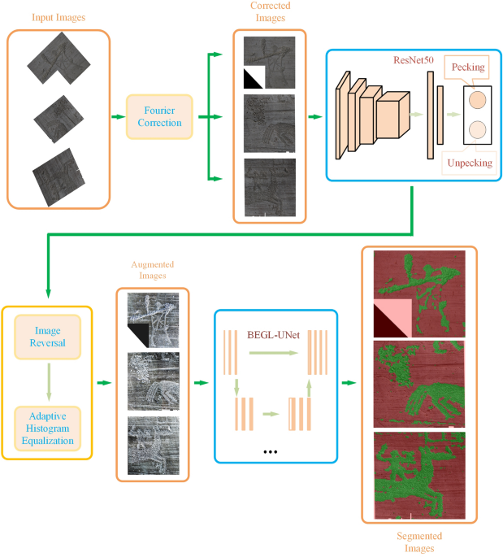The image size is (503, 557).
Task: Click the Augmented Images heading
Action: (153, 271)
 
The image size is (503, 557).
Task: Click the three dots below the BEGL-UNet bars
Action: (271, 450)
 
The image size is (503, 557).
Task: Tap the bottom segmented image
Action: (418, 472)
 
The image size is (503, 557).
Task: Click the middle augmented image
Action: (153, 381)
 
